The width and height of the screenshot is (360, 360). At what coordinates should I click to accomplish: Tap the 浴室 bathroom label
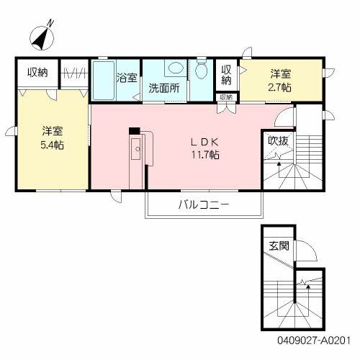click(127, 77)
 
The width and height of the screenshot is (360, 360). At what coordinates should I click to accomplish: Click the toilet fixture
click(202, 71)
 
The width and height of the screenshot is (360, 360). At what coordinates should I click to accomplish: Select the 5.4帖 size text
click(51, 144)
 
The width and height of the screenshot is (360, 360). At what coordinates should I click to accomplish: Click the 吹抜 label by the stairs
click(278, 140)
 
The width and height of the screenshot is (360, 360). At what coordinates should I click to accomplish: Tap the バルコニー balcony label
click(204, 204)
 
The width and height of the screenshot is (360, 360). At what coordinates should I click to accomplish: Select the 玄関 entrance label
click(279, 246)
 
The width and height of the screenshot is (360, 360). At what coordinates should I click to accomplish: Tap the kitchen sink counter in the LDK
click(136, 151)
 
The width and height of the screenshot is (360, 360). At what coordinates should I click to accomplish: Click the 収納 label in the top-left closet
click(37, 71)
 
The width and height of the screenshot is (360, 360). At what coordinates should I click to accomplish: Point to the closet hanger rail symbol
click(74, 73)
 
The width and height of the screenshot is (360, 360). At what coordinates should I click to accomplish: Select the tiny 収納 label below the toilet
click(226, 96)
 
